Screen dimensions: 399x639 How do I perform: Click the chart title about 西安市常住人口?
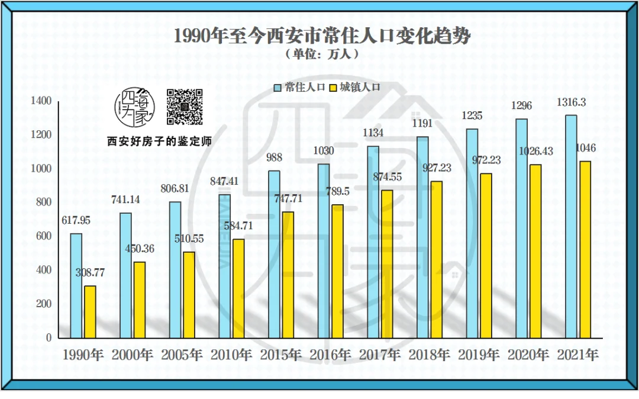[322, 36]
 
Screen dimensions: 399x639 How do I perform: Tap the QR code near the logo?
[184, 107]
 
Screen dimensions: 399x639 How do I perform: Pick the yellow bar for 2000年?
[140, 300]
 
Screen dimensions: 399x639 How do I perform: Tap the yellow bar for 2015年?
[288, 275]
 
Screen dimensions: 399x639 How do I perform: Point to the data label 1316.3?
[571, 102]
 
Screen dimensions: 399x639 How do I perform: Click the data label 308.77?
[90, 273]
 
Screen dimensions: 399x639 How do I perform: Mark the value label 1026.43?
[535, 152]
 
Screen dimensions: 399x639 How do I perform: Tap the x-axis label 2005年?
[182, 355]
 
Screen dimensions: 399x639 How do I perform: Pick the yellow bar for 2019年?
[486, 255]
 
